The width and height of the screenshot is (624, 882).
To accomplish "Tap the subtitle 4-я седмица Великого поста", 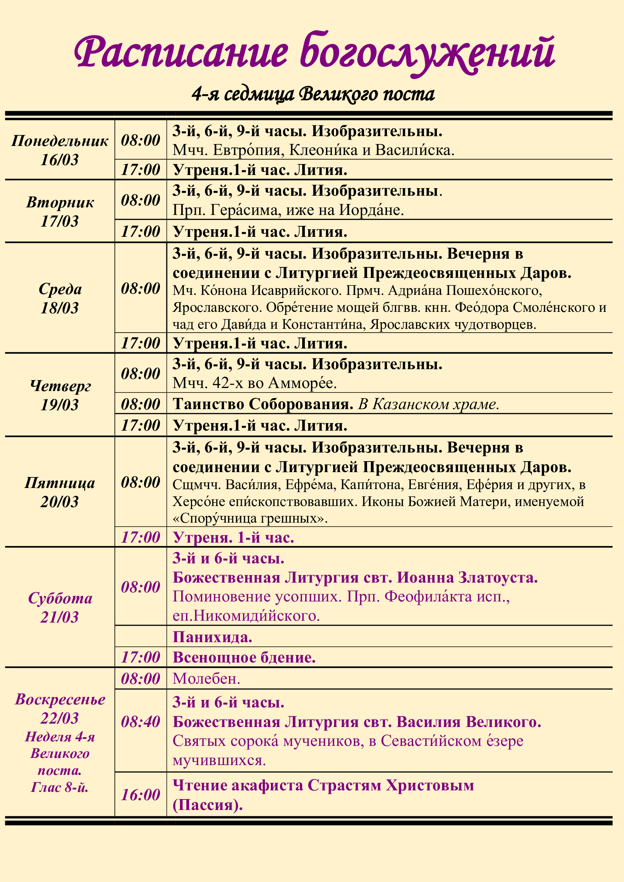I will point(313,94).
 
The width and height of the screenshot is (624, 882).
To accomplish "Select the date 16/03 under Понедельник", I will point(60,160).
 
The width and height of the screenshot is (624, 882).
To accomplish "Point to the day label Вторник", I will point(60,202).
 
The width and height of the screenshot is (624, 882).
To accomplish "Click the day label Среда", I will point(60,289).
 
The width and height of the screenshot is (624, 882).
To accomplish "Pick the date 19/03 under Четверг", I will point(60,405).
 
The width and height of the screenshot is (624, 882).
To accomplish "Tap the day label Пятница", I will point(60,483).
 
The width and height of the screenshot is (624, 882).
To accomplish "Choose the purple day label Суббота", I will point(60,598).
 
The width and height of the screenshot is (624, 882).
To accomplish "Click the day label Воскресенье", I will point(60,699).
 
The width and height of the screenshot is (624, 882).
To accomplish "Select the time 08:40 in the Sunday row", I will point(140,721).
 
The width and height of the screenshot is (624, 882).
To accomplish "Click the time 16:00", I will point(140,795).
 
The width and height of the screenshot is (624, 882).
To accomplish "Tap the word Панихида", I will point(212,637).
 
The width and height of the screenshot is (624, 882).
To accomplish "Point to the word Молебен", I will point(206,679).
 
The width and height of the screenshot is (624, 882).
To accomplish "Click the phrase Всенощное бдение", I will point(244,657).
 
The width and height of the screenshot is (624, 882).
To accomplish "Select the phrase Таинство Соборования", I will point(263,404).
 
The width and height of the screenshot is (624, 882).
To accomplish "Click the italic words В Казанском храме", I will point(429,404).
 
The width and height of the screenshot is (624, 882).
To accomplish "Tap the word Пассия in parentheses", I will point(207,804).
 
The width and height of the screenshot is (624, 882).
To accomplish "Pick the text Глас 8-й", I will point(60,787).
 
